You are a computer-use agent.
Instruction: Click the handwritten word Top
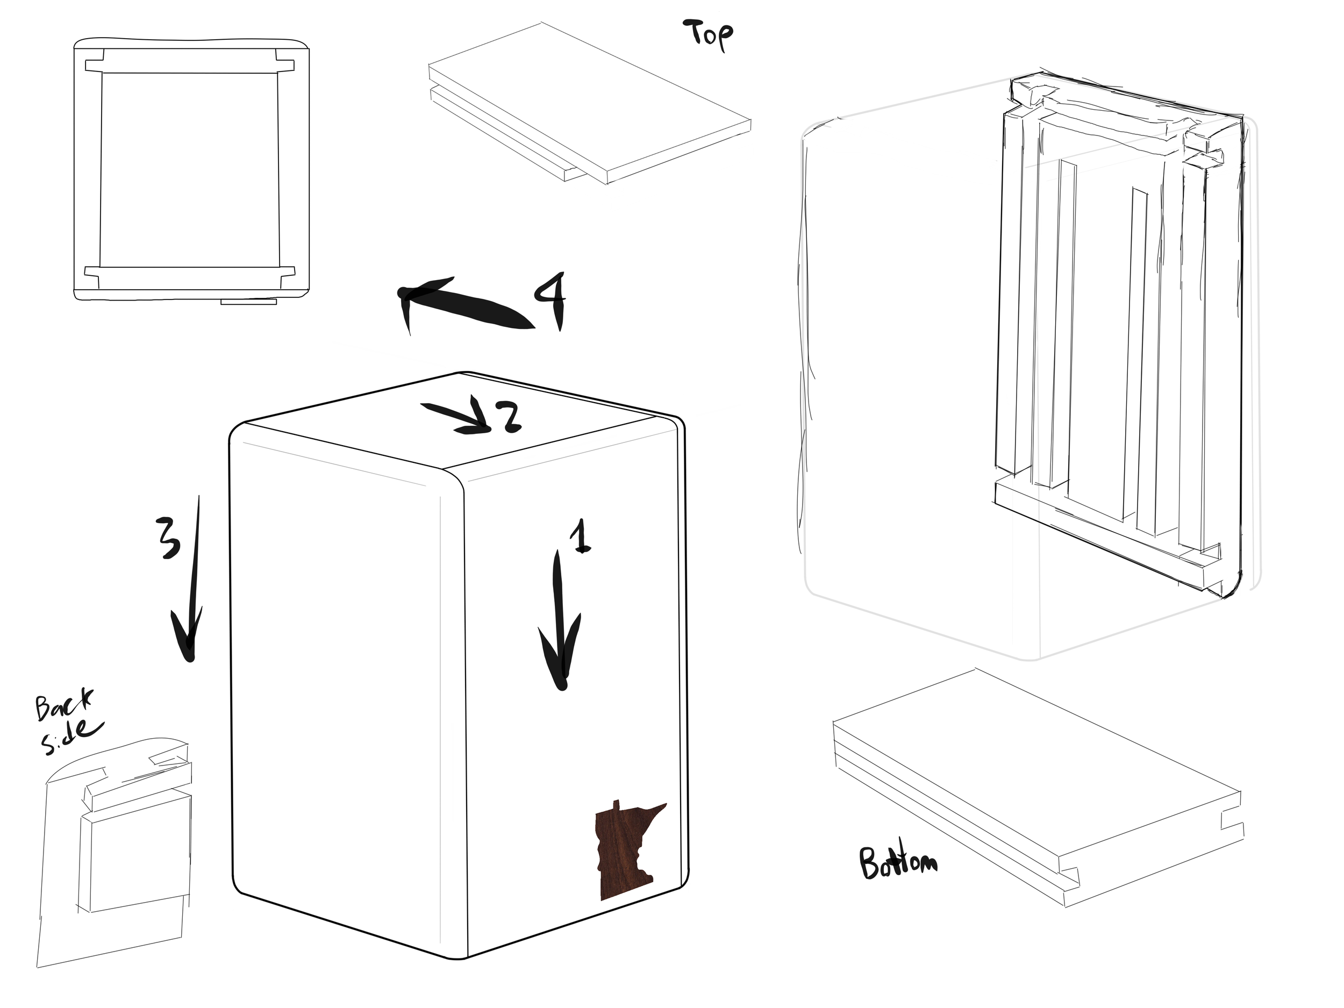[x=709, y=35]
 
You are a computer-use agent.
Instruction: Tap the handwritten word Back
[x=63, y=705]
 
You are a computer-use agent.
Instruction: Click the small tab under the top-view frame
[x=248, y=302]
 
